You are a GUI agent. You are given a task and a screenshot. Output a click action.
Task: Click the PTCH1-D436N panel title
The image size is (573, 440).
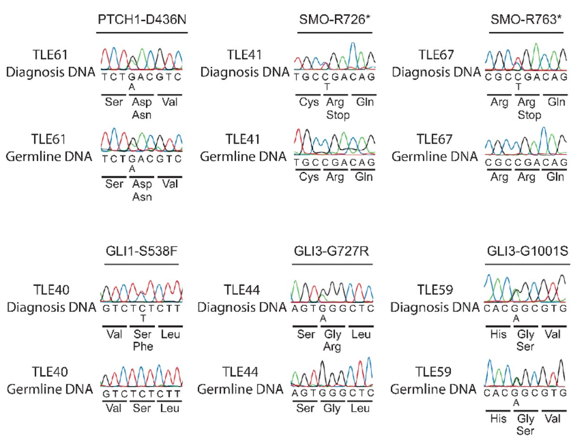142,20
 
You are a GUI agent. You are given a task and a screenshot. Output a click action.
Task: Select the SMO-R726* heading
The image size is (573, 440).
335,20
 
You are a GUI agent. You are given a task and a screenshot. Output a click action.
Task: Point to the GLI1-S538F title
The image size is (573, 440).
141,251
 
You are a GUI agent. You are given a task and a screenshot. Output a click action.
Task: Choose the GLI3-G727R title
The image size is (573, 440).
332,251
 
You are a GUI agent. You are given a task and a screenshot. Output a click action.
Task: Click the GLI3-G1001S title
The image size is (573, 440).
527,251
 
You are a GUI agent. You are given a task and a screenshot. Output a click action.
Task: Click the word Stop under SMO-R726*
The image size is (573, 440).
338,115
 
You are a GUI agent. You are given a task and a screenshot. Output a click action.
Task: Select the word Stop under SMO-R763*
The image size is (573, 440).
529,115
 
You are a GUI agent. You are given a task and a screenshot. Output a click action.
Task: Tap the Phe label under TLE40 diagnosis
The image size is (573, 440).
143,346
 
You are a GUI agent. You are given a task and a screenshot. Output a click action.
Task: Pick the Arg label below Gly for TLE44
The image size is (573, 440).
332,346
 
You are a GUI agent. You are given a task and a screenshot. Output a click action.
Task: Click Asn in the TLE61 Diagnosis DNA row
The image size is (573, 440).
142,115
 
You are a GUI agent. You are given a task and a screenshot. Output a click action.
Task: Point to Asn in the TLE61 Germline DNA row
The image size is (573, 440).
142,197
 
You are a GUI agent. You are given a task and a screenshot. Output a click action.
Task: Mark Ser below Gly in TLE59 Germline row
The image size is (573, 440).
525,431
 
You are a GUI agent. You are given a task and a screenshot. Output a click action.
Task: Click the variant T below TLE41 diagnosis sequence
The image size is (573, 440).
327,87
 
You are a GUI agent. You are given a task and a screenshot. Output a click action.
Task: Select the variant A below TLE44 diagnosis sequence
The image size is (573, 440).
323,319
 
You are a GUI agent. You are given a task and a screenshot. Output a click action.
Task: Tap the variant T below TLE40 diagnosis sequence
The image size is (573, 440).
143,319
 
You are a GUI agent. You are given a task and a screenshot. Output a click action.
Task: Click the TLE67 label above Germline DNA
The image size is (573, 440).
434,139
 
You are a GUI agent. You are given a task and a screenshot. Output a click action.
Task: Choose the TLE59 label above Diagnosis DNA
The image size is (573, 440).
435,290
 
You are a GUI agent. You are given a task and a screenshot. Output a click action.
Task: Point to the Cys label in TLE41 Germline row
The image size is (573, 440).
309,177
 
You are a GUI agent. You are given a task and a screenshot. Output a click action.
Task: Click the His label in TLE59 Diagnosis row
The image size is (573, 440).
498,334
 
